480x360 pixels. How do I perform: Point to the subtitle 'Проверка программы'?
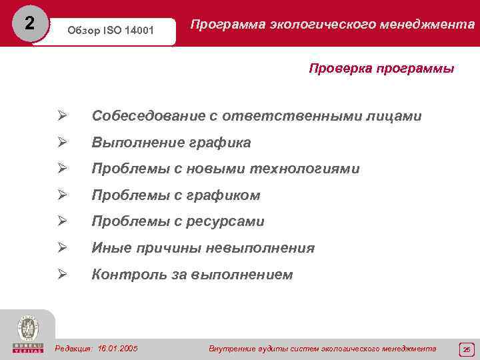coord(381,69)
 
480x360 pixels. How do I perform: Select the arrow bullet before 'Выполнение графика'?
coord(61,143)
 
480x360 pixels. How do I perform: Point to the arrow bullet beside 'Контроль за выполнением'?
coord(61,275)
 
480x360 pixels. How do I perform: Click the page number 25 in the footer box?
coord(466,349)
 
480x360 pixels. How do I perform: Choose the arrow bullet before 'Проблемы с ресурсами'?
coord(61,222)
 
